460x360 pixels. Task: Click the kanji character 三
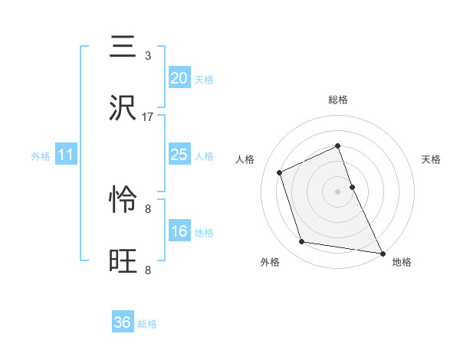coord(124,47)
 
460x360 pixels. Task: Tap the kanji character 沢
coord(124,109)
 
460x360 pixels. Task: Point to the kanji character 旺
coord(124,261)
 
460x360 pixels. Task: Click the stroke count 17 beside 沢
coord(148,117)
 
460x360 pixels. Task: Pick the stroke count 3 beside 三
coord(148,56)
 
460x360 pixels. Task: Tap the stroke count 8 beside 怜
coord(148,208)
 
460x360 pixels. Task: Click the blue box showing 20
coord(179,78)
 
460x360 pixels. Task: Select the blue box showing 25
coord(179,155)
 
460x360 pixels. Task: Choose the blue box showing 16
coord(179,232)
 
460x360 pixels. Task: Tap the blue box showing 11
coord(66,155)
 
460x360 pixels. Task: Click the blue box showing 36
coord(123,322)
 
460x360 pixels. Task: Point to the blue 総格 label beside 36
coord(147,324)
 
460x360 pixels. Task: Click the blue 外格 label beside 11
coord(41,156)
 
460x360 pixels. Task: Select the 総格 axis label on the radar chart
coord(337,100)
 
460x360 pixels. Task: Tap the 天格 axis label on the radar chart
coord(431,159)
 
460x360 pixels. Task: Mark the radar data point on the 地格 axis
coord(382,253)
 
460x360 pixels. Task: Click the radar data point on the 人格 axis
coord(280,172)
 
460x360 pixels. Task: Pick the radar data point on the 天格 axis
coord(352,186)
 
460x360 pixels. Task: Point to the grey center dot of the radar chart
coord(337,191)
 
